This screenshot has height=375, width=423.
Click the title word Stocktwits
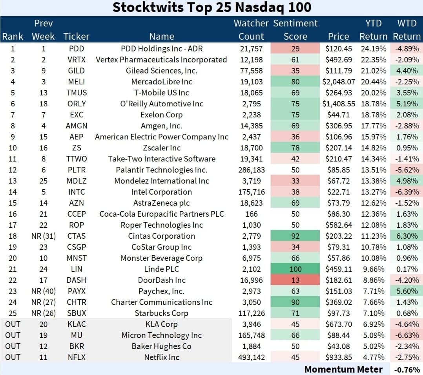click(x=148, y=7)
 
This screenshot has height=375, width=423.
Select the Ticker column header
click(x=77, y=37)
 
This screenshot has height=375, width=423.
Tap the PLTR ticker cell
click(x=77, y=170)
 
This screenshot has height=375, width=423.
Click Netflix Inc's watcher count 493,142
click(x=252, y=357)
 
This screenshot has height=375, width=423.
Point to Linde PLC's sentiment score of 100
click(x=295, y=269)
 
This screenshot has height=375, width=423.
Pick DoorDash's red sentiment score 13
click(x=295, y=280)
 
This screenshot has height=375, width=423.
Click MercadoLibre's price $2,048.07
click(x=339, y=82)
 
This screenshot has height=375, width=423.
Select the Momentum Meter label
click(x=343, y=369)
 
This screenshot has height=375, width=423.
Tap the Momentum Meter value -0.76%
click(x=407, y=370)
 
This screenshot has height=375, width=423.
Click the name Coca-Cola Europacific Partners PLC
click(x=162, y=214)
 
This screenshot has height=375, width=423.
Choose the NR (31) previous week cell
click(x=44, y=236)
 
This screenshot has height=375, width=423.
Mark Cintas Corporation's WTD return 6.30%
click(x=407, y=236)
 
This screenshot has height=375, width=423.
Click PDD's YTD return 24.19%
click(x=374, y=49)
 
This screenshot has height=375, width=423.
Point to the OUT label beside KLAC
click(x=13, y=324)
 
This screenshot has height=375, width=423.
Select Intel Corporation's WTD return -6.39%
click(x=407, y=192)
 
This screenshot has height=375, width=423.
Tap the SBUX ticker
click(x=77, y=313)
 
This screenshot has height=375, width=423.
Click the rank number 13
click(x=13, y=181)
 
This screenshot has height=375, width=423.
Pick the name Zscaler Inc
click(x=162, y=148)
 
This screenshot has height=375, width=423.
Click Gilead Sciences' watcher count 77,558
click(x=252, y=71)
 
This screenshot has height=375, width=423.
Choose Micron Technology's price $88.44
click(x=339, y=335)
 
